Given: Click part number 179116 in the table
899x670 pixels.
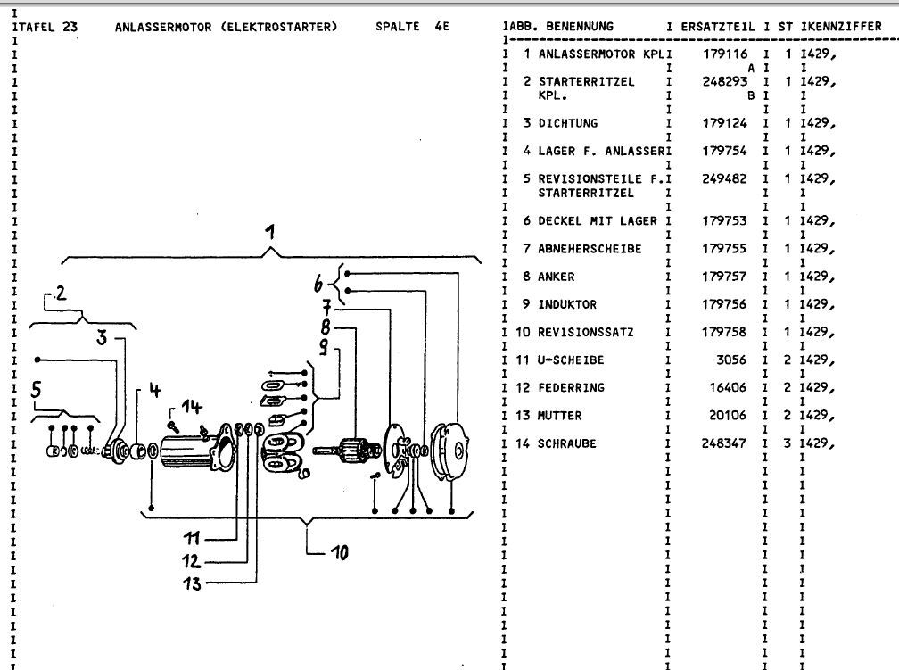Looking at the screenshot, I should (723, 54).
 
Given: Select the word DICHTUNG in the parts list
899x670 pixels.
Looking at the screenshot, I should (567, 123).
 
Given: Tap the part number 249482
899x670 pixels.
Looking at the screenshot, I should (723, 178).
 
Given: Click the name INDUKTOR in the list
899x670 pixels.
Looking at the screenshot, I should (566, 304).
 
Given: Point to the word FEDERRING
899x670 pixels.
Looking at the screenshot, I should (570, 387).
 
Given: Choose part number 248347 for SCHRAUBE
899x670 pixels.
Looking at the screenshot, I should (723, 443).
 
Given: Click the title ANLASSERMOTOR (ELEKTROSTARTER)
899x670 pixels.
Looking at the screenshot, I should (226, 26).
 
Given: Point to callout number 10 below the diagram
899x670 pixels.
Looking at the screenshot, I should (339, 553).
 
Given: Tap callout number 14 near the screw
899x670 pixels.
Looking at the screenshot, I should (193, 407).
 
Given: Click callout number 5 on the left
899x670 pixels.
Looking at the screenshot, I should (37, 389).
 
